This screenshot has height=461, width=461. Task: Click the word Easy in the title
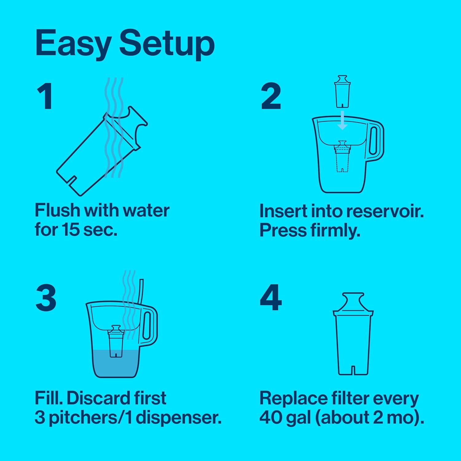tap(73, 44)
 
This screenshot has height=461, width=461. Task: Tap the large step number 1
tap(45, 97)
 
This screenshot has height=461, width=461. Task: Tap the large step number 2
tap(271, 97)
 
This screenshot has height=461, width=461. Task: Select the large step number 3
tap(46, 298)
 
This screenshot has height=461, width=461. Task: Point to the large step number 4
tap(270, 298)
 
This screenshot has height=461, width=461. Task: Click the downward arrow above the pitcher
tap(342, 121)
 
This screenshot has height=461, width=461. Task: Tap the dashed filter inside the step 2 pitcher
tap(342, 157)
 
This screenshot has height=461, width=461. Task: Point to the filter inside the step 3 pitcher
tap(116, 341)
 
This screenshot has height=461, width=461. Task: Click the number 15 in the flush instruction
tap(70, 230)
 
